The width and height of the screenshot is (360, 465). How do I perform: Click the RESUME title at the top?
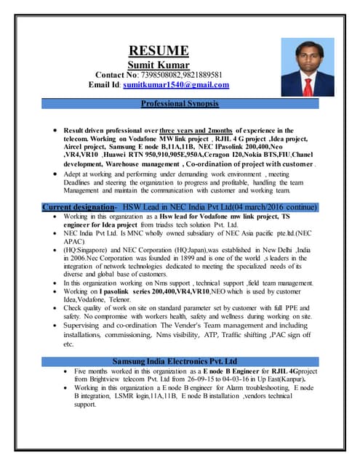point(159,50)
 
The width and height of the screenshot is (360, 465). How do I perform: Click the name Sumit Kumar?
point(159,64)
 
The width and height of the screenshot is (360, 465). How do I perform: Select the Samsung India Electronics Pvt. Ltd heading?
point(175,361)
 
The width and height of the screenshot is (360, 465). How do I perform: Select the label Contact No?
point(123,74)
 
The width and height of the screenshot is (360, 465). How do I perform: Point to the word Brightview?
point(95,379)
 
